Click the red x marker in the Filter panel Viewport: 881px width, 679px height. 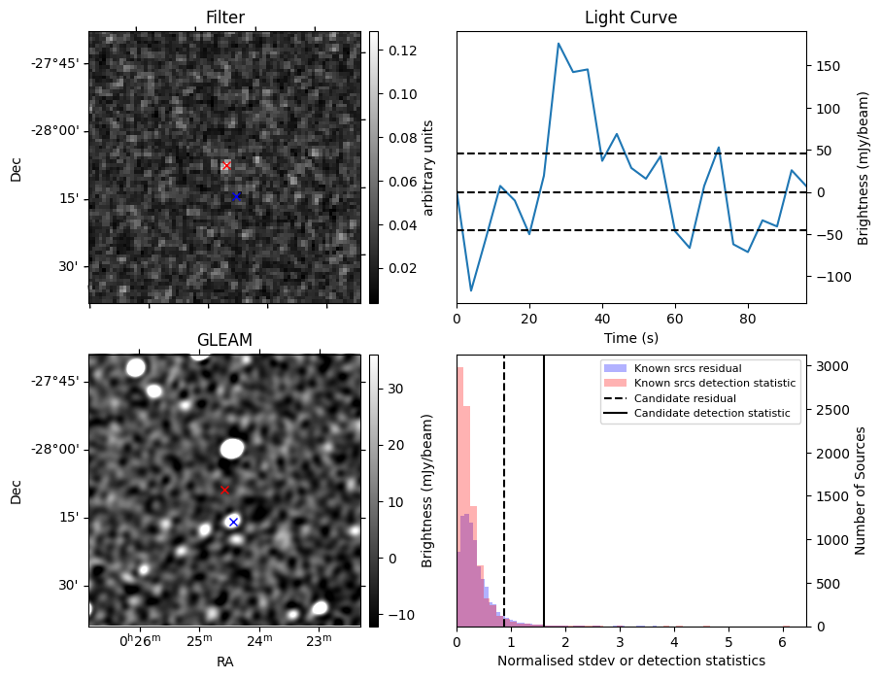226,166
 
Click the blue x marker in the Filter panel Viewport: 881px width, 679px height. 236,196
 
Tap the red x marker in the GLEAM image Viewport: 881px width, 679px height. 224,491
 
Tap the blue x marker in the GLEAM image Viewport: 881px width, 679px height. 233,523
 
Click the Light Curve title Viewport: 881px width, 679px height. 630,17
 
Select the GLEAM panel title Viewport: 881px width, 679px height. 224,340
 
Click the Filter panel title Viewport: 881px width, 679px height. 224,17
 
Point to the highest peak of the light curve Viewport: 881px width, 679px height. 559,44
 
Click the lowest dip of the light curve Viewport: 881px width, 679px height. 471,290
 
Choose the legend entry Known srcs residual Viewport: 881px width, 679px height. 687,368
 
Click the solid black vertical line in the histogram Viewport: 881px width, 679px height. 544,486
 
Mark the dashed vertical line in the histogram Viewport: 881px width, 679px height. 504,486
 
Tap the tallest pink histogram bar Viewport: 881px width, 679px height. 460,495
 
